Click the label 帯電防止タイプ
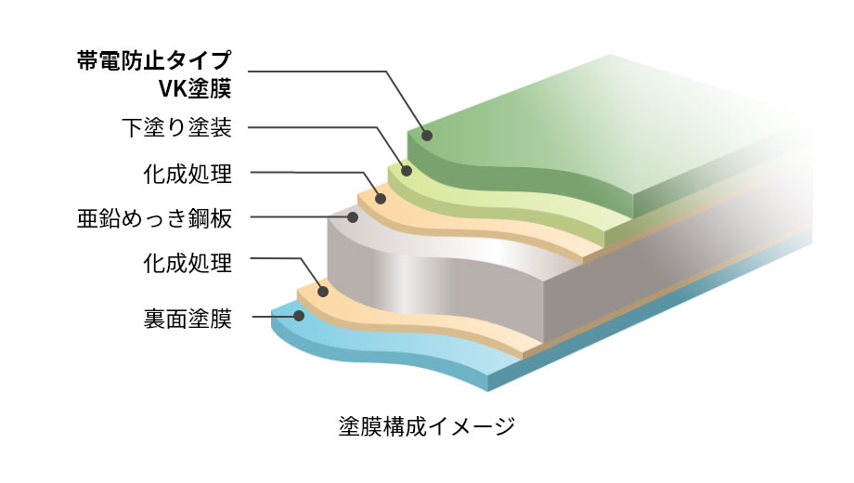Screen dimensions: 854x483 coord(154,60)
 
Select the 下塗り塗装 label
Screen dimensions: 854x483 coord(177,127)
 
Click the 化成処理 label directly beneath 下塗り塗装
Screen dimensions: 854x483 coord(188,174)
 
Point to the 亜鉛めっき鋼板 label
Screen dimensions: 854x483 coord(155,218)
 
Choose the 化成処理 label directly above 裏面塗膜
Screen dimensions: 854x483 coord(188,263)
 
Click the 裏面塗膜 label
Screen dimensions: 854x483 coord(188,319)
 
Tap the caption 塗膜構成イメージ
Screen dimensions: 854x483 coord(426,425)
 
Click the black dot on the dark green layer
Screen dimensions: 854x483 coord(427,136)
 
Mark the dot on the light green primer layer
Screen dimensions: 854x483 coord(407,171)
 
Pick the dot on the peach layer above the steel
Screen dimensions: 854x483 coord(381,199)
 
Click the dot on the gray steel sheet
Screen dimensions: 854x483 coord(353,217)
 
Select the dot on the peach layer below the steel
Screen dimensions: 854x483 coord(323,292)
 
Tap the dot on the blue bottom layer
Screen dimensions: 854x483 coord(299,316)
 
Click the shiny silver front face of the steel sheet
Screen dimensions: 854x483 coord(435,283)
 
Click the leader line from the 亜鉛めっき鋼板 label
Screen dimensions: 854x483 coord(299,217)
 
